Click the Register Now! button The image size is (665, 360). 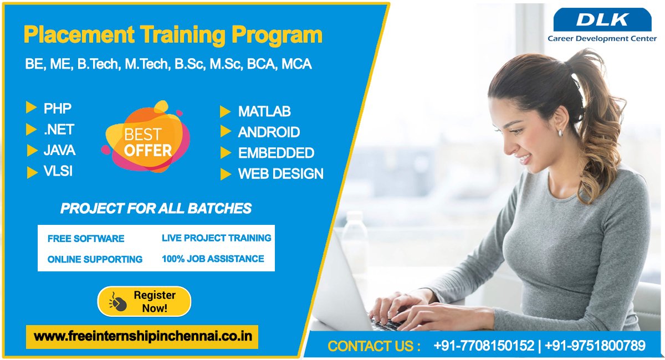pos(144,301)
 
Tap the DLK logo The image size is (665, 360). pos(602,19)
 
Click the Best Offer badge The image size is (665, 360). pos(146,137)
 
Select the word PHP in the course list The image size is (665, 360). pos(58,109)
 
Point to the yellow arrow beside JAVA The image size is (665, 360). pos(32,151)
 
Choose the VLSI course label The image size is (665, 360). pos(58,171)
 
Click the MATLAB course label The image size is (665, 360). pos(264,111)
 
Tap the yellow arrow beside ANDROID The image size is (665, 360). pos(226,131)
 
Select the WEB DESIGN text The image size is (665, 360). pos(280,174)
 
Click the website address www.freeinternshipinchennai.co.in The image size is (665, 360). pos(143,337)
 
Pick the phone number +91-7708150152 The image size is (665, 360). pos(484,346)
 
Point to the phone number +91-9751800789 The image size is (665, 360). pos(595,346)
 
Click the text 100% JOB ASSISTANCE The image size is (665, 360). pos(213,259)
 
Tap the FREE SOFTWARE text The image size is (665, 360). pos(86,239)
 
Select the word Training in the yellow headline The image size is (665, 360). pos(182,35)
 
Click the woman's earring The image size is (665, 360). pos(560,133)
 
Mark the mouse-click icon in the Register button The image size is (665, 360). pos(118,302)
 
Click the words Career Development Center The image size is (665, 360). pos(602,39)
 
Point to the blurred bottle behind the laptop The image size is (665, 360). pos(355,238)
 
